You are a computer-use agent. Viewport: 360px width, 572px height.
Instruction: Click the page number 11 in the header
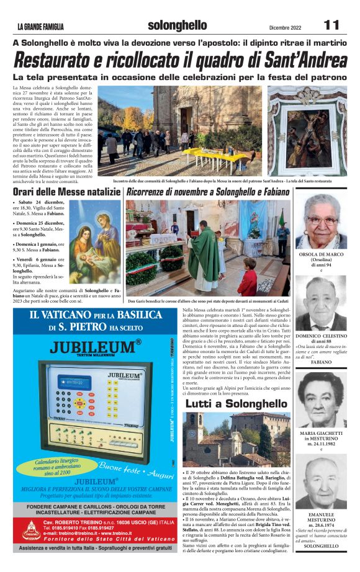tap(331, 25)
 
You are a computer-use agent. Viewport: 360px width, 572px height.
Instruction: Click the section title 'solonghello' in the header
tap(178, 25)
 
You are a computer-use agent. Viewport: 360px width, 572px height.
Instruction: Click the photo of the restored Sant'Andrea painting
tap(307, 131)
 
